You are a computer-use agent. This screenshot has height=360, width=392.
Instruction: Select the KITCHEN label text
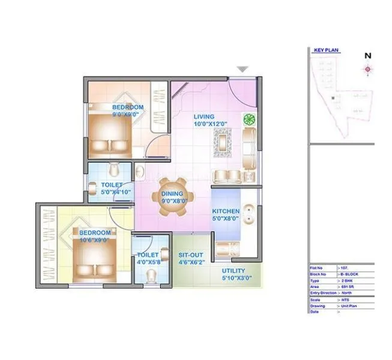coord(226,211)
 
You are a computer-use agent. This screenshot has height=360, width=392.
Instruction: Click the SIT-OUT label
coord(191,254)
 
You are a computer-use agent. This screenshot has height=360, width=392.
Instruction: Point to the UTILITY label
coord(233,271)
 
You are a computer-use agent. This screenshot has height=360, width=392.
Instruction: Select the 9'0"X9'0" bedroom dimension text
coord(125,113)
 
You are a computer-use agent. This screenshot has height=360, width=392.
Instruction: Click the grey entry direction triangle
coord(242,70)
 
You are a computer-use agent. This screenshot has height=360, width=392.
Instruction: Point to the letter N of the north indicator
coord(367,56)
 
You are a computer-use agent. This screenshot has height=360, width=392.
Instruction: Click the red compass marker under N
coord(367,70)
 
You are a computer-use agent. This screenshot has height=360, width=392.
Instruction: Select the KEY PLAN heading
coord(327,51)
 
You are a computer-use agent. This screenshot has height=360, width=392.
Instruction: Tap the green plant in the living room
coord(248,118)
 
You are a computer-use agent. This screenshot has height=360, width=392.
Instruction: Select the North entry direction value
coord(347,293)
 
